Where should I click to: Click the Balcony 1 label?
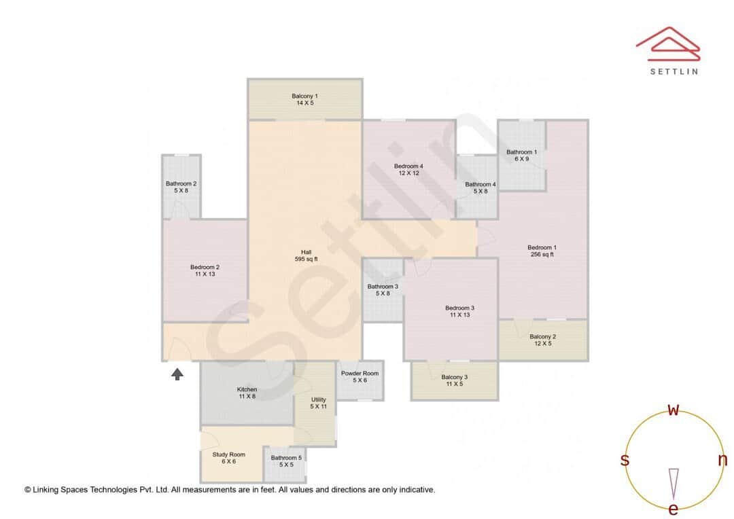304,99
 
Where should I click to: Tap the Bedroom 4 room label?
408,170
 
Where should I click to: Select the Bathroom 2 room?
181,187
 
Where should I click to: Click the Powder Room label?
360,376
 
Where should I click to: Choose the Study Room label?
228,458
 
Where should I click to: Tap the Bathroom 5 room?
282,461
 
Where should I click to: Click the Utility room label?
318,403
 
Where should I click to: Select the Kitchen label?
247,393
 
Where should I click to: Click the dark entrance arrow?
177,374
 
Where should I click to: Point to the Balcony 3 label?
454,380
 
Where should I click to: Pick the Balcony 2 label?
542,340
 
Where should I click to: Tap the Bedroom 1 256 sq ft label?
542,251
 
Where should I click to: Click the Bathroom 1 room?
521,155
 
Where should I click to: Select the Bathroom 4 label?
480,187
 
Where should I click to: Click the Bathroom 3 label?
383,290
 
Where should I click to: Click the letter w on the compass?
674,410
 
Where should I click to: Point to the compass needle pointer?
674,483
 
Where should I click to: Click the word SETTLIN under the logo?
673,71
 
